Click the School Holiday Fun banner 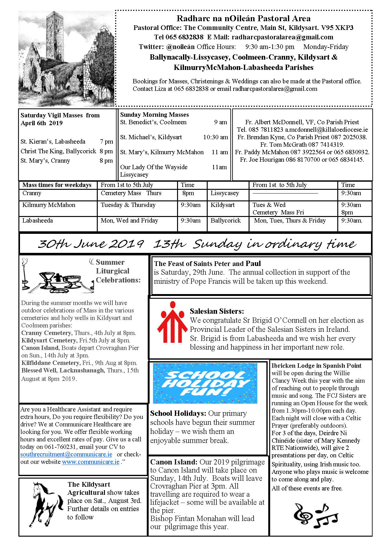tap(205, 383)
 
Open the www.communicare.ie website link tap(91, 462)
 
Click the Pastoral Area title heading tap(244, 18)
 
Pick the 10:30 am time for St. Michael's tap(215, 137)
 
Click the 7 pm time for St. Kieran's tap(106, 141)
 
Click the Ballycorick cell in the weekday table tap(225, 220)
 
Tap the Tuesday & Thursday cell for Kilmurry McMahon tap(128, 205)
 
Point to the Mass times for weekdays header tap(57, 185)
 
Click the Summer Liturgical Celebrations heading tap(118, 271)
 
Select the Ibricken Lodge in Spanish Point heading tap(316, 366)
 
